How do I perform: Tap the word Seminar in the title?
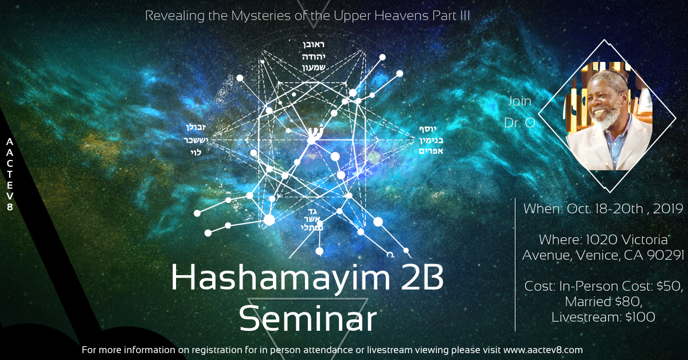(x=308, y=319)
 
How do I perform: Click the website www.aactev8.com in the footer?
(x=544, y=349)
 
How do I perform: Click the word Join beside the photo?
(x=519, y=101)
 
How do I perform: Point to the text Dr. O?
(x=519, y=123)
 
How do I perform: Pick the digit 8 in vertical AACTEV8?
(x=10, y=207)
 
